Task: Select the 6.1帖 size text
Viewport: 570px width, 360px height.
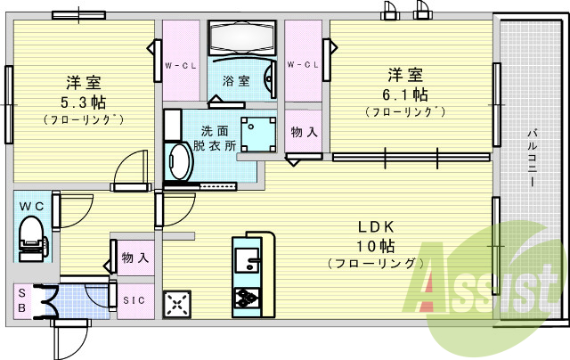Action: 405,94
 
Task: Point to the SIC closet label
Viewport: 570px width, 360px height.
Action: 134,300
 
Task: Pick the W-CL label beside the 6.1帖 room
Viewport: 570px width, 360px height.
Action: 303,65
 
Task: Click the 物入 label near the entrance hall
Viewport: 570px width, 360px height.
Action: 134,258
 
